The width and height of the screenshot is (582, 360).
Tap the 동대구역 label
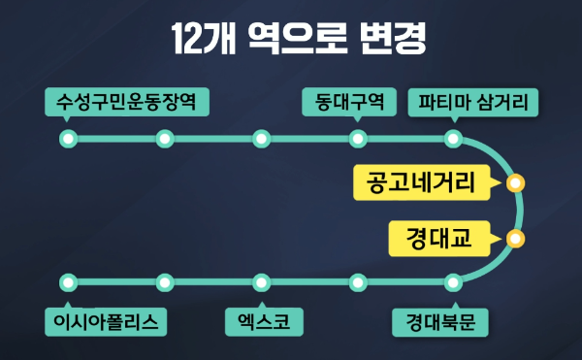coord(349,101)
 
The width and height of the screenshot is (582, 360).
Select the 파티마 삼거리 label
coord(473,101)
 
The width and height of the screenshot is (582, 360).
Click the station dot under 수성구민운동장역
coord(68,140)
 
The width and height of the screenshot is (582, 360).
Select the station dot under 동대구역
coord(357,140)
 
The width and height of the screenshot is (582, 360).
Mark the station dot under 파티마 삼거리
coord(453,140)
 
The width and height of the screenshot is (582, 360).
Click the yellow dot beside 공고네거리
coord(515,182)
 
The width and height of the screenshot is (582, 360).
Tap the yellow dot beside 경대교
coord(515,238)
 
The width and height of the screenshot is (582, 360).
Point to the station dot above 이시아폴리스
coord(68,282)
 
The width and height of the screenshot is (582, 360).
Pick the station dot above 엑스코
coord(260,282)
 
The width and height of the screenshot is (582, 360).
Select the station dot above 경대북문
coord(453,282)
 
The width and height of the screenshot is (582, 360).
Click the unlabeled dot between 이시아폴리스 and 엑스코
coord(164,282)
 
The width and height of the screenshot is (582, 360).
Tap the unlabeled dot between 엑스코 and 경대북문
coord(357,282)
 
